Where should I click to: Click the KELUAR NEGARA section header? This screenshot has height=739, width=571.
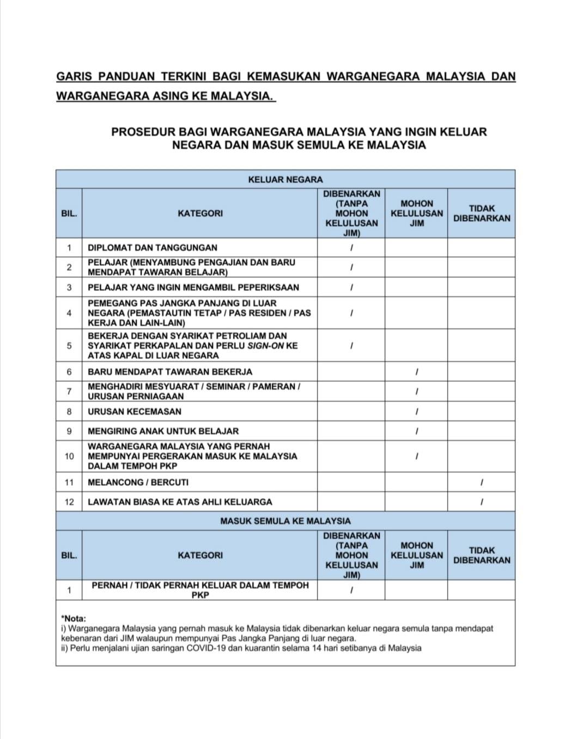285,179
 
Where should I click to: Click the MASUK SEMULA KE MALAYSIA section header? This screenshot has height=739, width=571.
285,521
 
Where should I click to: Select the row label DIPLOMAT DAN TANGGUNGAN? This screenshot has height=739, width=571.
152,248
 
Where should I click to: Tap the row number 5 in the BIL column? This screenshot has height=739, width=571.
69,346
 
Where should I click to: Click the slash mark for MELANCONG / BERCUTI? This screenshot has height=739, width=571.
482,483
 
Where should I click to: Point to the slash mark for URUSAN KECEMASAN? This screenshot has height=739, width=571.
416,412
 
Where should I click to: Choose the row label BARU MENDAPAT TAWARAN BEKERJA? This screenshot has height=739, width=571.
170,372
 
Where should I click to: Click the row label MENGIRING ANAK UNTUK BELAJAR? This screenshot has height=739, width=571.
163,431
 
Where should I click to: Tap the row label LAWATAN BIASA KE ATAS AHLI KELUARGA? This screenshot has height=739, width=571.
180,502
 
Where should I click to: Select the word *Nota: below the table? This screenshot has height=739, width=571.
74,619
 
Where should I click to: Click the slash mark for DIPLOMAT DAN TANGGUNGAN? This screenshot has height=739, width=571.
351,248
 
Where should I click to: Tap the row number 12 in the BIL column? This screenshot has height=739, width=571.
69,502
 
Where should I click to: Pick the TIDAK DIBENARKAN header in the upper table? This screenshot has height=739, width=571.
482,213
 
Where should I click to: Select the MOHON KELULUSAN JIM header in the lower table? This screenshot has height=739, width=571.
416,555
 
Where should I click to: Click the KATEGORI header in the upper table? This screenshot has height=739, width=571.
200,213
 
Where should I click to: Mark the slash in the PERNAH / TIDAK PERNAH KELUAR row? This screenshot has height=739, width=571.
351,590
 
